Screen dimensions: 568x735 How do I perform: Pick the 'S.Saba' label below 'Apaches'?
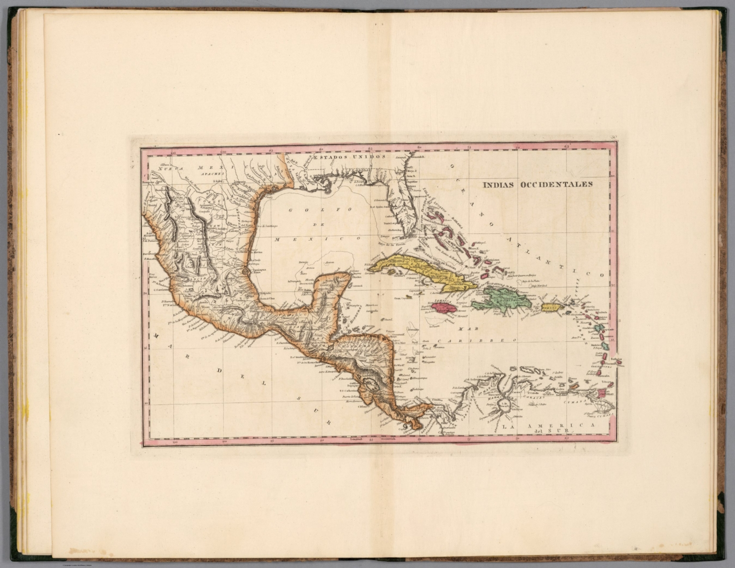tap(218, 182)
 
